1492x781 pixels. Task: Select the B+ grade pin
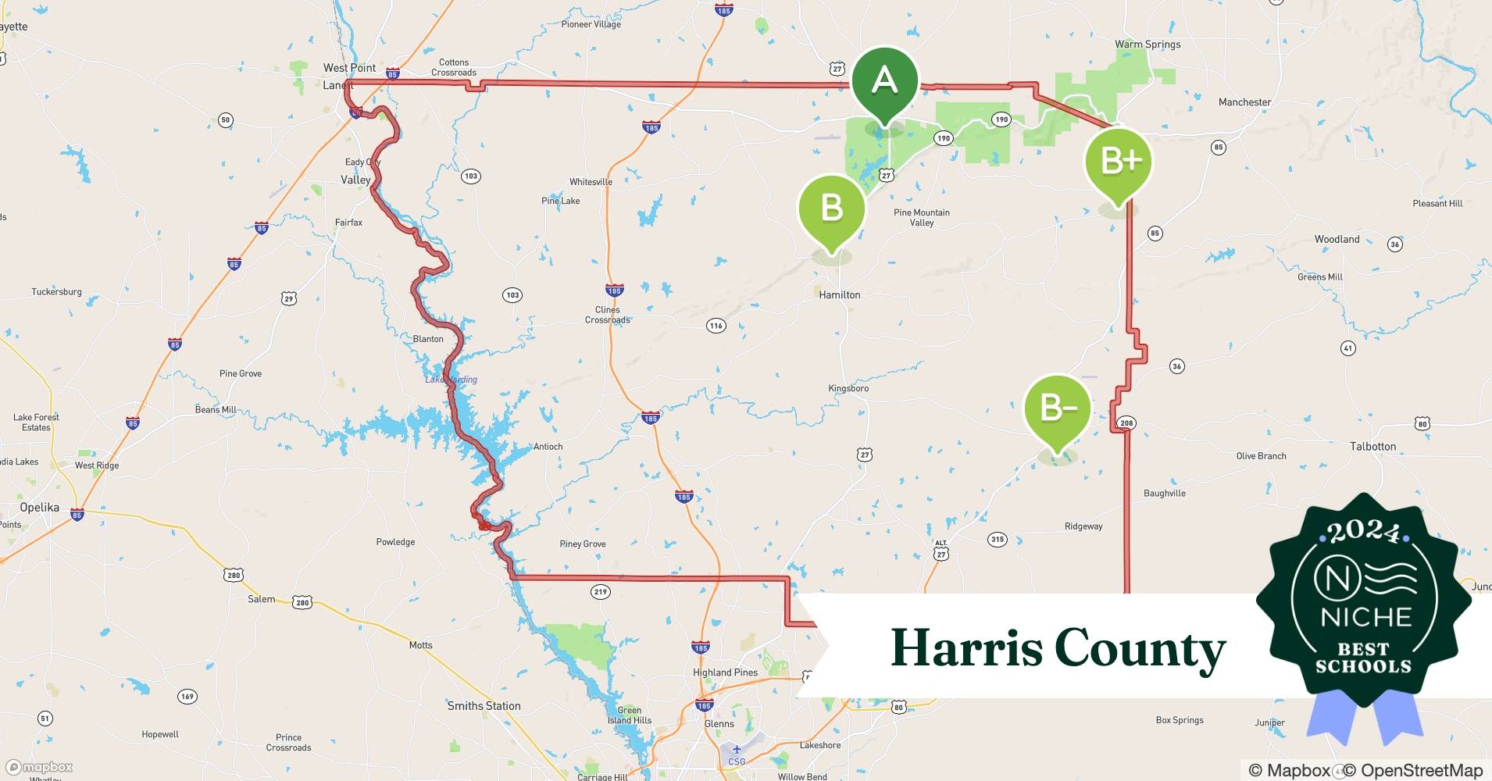[x=1118, y=162]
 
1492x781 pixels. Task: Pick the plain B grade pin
[x=831, y=209]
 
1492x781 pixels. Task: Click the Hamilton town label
[x=839, y=295]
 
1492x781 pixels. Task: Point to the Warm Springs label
[x=1148, y=45]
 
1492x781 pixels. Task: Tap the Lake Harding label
[x=451, y=380]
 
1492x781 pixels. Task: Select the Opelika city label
[x=39, y=508]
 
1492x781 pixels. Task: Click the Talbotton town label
[x=1372, y=447]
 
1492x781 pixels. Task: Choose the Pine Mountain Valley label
[x=922, y=217]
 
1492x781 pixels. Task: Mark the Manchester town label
[x=1244, y=102]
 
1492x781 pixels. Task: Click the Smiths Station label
[x=484, y=706]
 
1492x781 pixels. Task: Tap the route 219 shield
[x=600, y=592]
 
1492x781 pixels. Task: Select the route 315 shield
[x=997, y=539]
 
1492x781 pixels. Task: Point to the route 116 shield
[x=716, y=326]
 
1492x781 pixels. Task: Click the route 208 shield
[x=1126, y=423]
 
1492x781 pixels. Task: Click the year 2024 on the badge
[x=1364, y=533]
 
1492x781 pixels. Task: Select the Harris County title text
[x=1058, y=648]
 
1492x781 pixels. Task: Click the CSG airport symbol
[x=736, y=751]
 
